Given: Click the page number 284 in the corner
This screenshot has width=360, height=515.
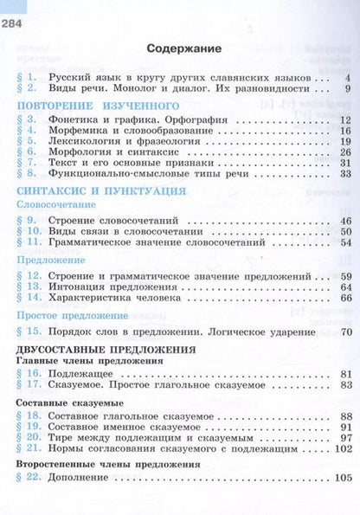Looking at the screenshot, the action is (x=15, y=10).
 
